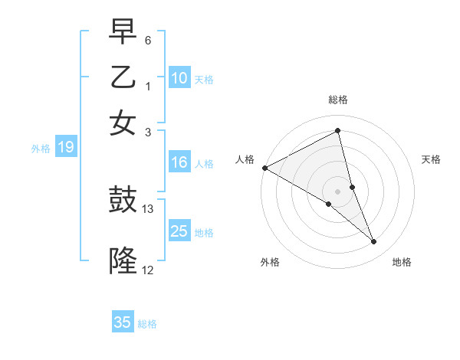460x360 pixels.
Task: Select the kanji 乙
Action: [123, 77]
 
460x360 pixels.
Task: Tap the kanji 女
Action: [123, 123]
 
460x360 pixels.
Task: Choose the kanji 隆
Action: [123, 260]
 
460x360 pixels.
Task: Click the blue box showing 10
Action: [179, 78]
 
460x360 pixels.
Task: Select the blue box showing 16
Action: [179, 162]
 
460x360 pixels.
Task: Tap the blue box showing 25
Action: [179, 231]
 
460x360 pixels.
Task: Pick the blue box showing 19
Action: [66, 148]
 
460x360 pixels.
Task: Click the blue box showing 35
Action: [123, 322]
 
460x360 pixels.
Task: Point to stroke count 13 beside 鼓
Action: [148, 208]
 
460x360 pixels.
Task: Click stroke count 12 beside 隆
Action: [148, 269]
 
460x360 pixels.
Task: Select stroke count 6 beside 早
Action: [148, 40]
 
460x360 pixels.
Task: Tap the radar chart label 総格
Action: [338, 100]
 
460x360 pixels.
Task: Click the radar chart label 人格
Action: [245, 159]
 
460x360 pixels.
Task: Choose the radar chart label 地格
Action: [402, 263]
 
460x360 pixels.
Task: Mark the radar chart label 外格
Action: [270, 263]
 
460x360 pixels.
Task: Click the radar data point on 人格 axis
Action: [264, 168]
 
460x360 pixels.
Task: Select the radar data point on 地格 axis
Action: [374, 242]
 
